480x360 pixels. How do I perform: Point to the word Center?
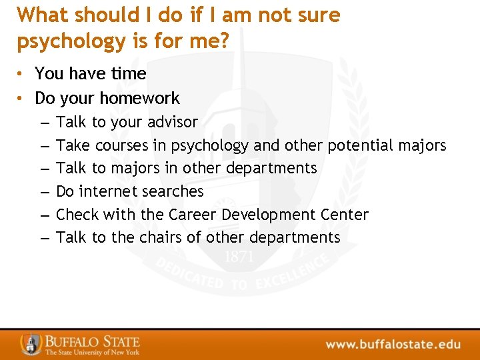344,215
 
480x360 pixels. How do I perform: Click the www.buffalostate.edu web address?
393,345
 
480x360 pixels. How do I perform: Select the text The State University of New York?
92,352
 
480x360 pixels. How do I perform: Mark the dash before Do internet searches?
43,192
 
